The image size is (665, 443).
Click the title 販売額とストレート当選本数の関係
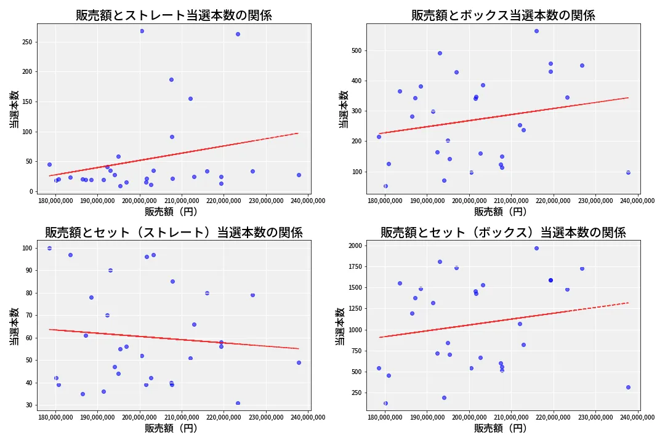[x=174, y=15]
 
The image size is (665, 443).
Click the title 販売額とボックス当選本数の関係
[x=503, y=15]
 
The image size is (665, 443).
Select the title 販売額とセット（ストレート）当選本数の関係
[x=174, y=233]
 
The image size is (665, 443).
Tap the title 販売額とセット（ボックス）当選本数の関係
[x=503, y=233]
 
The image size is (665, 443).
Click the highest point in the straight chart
[x=142, y=31]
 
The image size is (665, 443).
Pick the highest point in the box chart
[x=536, y=31]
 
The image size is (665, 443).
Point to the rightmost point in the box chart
[x=628, y=172]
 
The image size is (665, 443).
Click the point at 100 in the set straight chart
[x=49, y=248]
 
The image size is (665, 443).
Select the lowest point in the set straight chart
[x=238, y=403]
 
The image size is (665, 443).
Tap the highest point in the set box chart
[x=536, y=248]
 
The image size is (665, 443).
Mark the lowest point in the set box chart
[x=385, y=403]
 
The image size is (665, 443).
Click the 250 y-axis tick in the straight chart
[x=28, y=42]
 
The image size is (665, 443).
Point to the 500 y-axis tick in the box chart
[x=357, y=50]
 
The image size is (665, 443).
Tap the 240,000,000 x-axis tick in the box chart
[x=637, y=200]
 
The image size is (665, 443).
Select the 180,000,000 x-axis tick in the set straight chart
[x=55, y=417]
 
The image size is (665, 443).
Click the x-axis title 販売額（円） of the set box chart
[x=501, y=428]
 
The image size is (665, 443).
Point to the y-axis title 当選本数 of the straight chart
[x=14, y=110]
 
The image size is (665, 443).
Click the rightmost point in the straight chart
[x=299, y=175]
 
